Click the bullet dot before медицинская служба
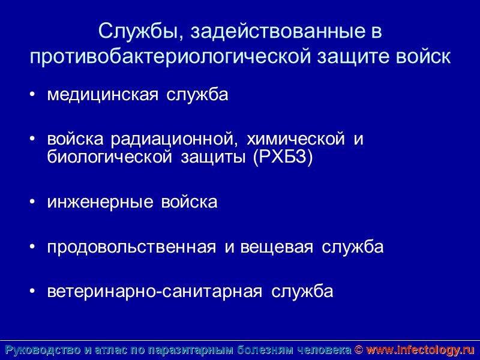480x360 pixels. [x=32, y=95]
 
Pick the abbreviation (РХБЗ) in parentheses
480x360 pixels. [x=283, y=158]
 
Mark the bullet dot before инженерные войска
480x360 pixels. [x=32, y=203]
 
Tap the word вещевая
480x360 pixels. [x=276, y=247]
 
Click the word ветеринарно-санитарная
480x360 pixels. [x=155, y=292]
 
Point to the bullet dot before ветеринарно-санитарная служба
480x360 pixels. [x=32, y=292]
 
